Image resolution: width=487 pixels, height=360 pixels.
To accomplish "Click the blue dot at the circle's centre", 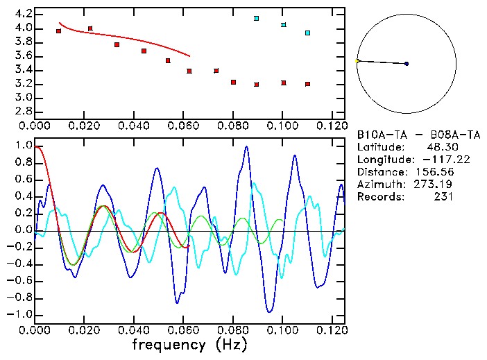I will (x=407, y=64).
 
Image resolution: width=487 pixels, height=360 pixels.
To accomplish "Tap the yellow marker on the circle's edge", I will (x=357, y=61).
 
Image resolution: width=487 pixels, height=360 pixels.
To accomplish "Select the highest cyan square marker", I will (x=257, y=18).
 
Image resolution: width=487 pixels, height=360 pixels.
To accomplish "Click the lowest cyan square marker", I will (x=308, y=33).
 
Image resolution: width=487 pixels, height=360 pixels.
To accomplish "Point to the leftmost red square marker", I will (x=58, y=31).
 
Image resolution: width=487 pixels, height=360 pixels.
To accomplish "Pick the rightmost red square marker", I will (x=307, y=84).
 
